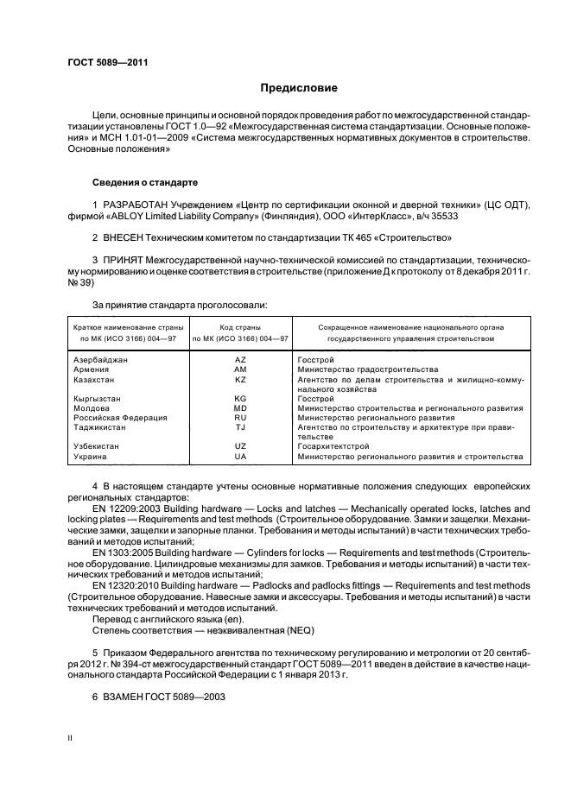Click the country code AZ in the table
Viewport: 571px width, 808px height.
[x=240, y=358]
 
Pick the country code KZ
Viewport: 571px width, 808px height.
[x=240, y=379]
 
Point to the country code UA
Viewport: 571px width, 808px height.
[x=240, y=456]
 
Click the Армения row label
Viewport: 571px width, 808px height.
[x=91, y=369]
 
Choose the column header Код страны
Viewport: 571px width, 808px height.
[x=240, y=327]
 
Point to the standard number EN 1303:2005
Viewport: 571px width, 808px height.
[x=122, y=550]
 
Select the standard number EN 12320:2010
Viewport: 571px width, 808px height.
[x=124, y=584]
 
